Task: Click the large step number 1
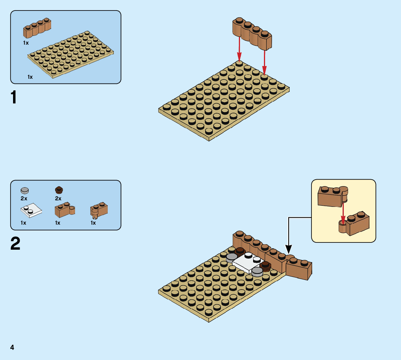14,98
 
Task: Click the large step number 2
15,244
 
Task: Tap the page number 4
12,347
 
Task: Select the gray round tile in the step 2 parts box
25,190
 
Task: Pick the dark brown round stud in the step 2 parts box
59,190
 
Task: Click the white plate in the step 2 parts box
31,210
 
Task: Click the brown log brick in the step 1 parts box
37,28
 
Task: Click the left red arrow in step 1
239,49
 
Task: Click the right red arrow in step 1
264,62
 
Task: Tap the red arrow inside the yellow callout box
343,214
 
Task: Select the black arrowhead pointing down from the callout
289,249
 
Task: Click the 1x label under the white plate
24,223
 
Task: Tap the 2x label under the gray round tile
24,199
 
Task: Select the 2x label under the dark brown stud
58,199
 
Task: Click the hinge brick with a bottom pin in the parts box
99,210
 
